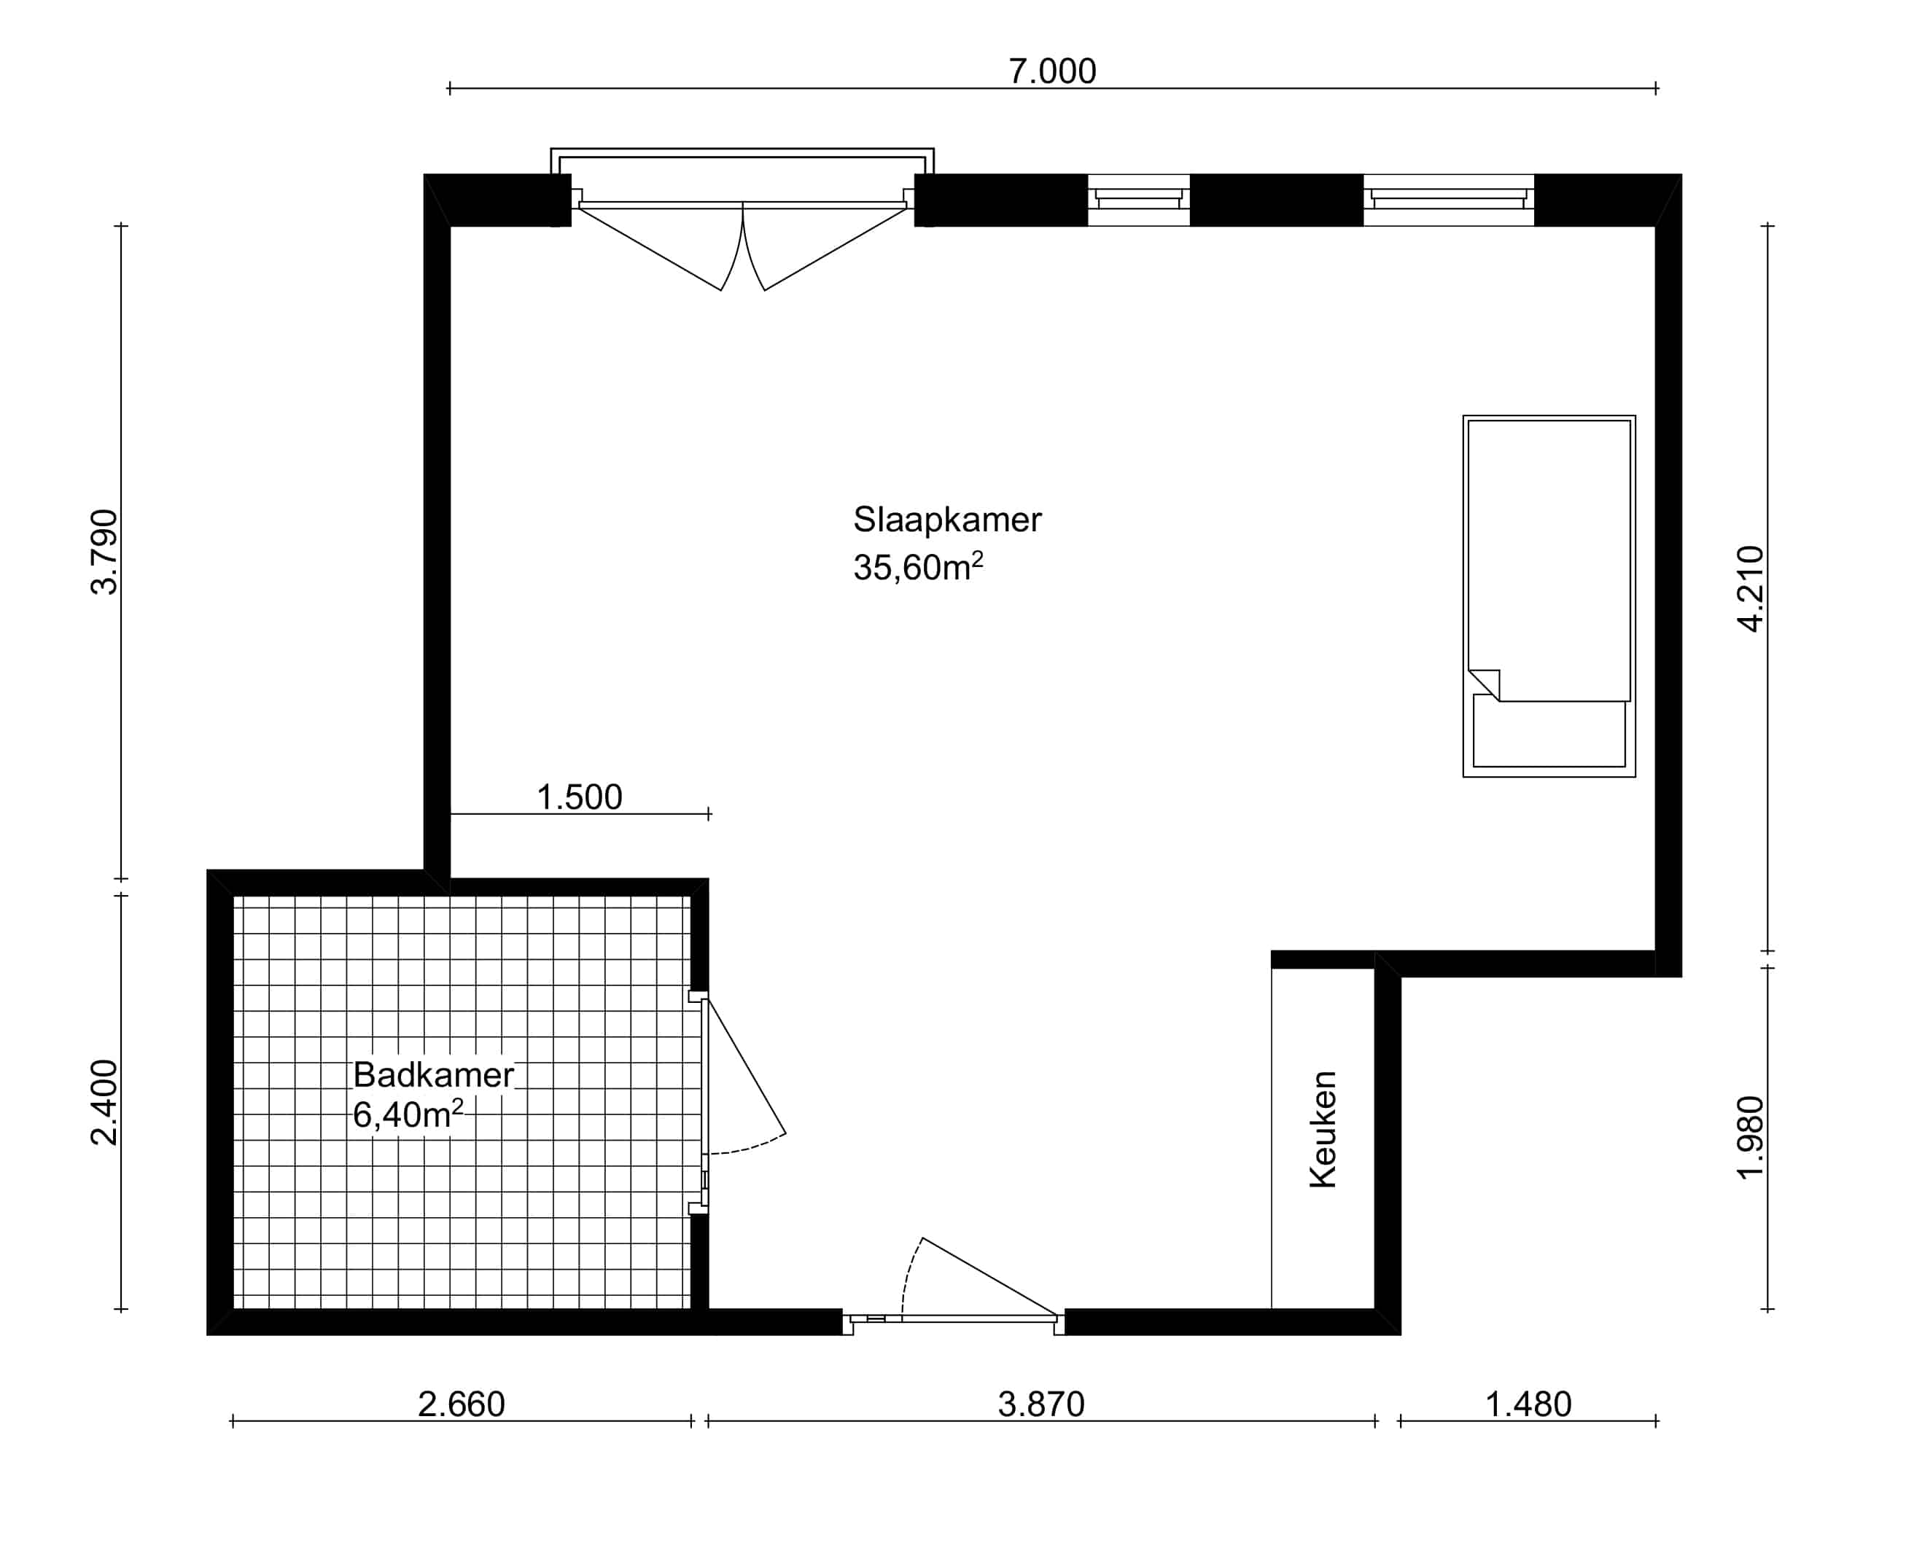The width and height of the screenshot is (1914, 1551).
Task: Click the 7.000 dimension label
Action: point(1051,71)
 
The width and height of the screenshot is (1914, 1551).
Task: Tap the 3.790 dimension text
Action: point(104,552)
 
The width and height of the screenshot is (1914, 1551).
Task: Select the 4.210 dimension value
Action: point(1751,589)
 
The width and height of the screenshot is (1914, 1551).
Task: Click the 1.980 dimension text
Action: point(1751,1137)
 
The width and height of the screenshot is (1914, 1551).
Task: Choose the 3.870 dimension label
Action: point(1041,1405)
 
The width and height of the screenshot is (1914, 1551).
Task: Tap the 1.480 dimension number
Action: point(1528,1405)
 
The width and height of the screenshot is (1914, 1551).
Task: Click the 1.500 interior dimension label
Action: point(579,797)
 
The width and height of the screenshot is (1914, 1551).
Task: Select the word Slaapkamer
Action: point(947,519)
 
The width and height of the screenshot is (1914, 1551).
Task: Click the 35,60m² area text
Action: point(918,566)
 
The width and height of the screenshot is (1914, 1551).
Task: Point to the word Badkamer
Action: point(433,1075)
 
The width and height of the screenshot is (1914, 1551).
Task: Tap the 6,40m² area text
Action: point(408,1115)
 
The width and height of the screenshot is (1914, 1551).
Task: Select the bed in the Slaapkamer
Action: point(1549,596)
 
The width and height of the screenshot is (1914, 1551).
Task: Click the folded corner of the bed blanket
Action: point(1485,685)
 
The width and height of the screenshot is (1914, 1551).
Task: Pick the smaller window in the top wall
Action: point(1138,199)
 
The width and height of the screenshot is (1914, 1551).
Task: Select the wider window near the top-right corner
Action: point(1449,199)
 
